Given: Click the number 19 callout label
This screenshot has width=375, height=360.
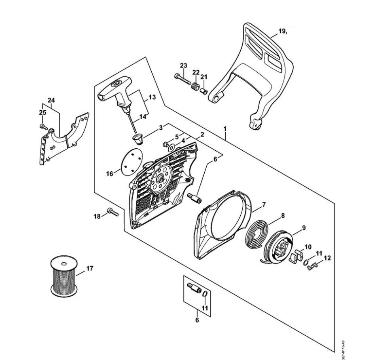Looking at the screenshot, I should tap(282, 31).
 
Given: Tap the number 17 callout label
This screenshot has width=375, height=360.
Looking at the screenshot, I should tap(90, 267).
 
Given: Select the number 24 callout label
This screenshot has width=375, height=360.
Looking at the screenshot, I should tap(51, 100).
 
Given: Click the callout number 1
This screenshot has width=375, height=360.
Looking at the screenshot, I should tap(225, 130).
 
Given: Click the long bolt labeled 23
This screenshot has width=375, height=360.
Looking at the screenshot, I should tap(183, 80).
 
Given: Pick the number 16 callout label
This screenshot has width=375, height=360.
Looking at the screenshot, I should tap(109, 174).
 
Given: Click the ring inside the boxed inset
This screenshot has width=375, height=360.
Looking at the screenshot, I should tap(205, 294).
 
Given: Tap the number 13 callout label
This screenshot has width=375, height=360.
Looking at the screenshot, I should tap(152, 97).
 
